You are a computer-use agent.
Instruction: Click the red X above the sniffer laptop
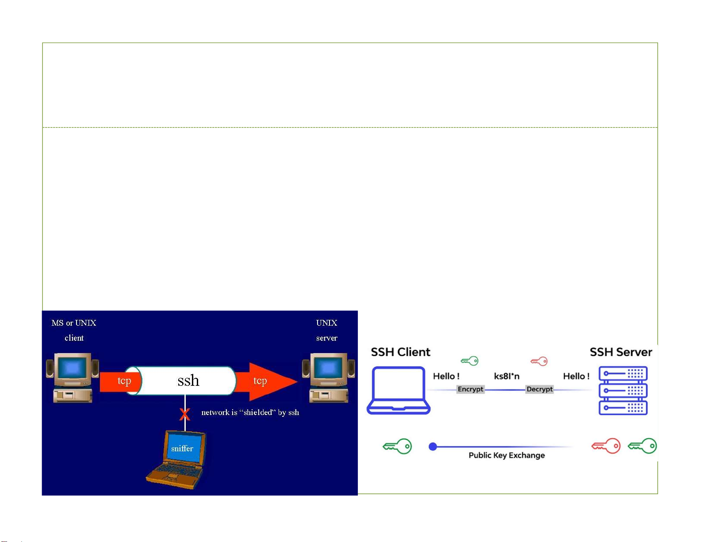(184, 415)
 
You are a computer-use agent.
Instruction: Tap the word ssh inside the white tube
(188, 381)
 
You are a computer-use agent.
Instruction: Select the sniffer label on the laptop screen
(182, 449)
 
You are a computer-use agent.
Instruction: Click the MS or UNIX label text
(74, 323)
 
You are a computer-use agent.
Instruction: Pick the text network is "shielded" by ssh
(250, 412)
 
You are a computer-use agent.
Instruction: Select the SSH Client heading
(400, 352)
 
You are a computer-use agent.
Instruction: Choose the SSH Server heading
(621, 352)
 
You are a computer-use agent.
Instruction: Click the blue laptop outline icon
(398, 390)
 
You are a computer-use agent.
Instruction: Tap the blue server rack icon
(623, 390)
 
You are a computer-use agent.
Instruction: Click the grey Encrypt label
(471, 389)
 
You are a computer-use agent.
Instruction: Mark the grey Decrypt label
(540, 389)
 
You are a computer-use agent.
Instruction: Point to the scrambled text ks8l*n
(507, 377)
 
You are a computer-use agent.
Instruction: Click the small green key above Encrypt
(469, 361)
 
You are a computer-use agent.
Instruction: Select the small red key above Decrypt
(539, 361)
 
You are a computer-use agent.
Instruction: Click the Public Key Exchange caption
(507, 455)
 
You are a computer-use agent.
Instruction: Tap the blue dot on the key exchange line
(433, 447)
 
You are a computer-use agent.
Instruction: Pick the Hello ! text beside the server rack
(576, 377)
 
